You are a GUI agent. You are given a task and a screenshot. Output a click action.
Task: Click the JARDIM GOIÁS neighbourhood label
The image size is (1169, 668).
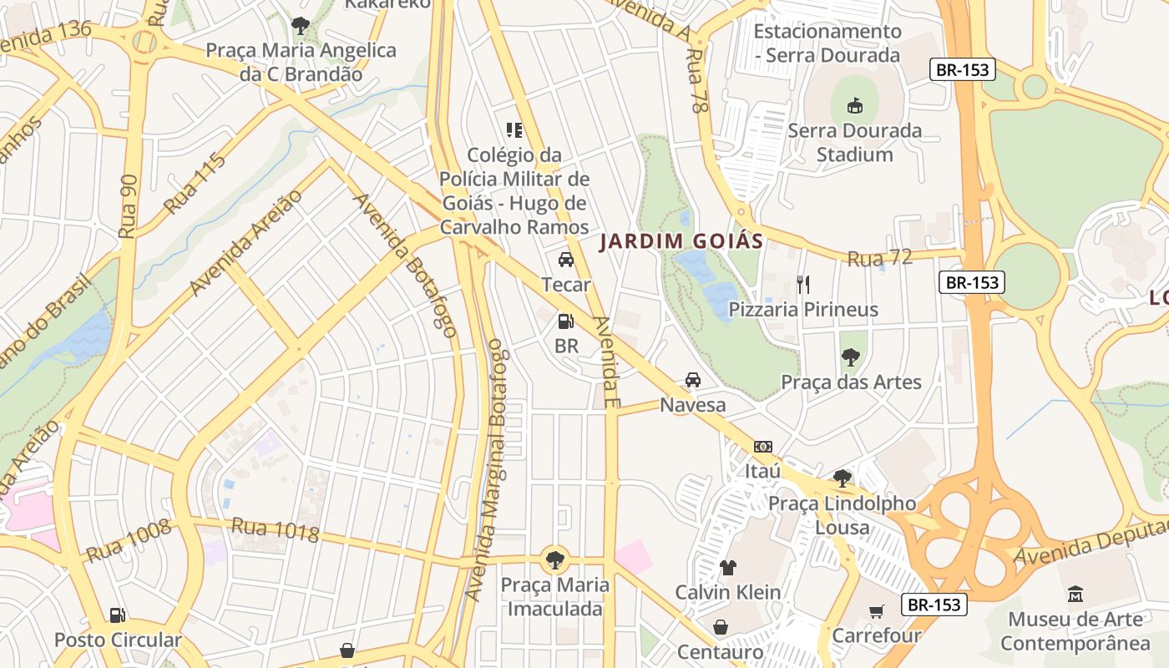(681, 242)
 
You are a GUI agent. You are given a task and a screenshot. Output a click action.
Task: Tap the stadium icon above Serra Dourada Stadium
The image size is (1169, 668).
(854, 106)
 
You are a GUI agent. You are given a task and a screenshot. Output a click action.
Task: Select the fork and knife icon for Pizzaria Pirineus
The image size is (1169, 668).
(803, 285)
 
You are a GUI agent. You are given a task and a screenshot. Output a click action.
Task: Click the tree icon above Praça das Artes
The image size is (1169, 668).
(850, 357)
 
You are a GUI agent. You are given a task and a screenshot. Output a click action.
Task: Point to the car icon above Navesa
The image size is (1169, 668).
(692, 380)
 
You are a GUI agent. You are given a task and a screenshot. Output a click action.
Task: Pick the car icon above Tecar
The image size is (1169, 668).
(565, 260)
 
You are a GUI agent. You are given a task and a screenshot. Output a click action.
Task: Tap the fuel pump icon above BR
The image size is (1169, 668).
(565, 321)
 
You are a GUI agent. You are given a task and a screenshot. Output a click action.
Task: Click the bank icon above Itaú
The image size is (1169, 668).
(762, 447)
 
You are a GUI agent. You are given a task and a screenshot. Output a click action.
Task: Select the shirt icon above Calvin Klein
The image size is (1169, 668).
(727, 568)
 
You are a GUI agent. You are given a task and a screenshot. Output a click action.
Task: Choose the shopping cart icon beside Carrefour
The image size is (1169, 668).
(876, 611)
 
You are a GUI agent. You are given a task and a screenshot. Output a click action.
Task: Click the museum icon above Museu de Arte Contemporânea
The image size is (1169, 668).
(1075, 595)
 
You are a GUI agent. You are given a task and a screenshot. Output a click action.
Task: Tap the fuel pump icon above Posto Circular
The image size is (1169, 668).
(118, 615)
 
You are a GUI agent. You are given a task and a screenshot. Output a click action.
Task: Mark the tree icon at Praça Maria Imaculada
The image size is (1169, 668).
(554, 559)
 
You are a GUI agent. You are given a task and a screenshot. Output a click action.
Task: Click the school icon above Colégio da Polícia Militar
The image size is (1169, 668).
(514, 130)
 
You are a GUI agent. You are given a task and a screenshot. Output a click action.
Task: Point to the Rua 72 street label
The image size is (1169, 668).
(879, 259)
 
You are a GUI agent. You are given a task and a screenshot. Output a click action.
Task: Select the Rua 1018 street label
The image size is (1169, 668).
(275, 529)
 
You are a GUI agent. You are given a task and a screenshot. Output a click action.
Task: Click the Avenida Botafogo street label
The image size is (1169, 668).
(406, 265)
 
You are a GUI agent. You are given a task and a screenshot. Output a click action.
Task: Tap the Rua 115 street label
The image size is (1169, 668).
(195, 184)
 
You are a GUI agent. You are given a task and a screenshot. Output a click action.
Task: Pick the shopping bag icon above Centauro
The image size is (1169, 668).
(720, 627)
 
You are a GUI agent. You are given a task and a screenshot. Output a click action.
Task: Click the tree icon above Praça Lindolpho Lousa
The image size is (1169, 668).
(842, 478)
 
